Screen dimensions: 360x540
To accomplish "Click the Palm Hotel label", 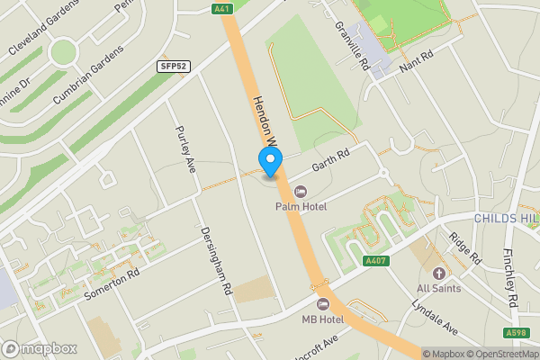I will (x=301, y=207).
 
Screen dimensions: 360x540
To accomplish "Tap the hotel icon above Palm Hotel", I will (x=301, y=191).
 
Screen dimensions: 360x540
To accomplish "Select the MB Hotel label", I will (x=324, y=319).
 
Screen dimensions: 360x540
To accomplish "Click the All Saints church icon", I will (x=439, y=273).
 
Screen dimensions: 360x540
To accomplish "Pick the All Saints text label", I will (x=439, y=289).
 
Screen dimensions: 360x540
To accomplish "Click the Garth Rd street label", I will (x=329, y=160).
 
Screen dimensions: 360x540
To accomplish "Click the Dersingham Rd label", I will (x=217, y=262).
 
